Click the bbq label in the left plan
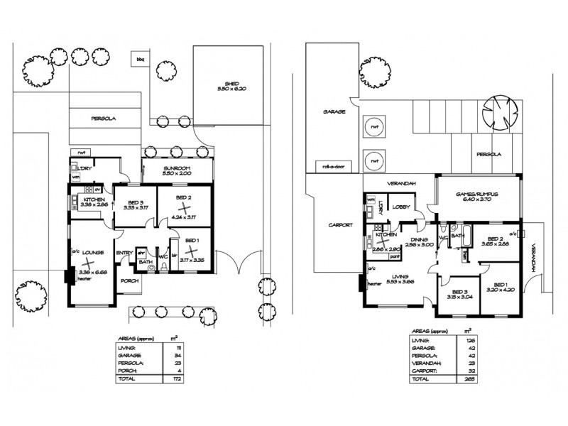coord(140,60)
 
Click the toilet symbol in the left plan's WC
coord(164,268)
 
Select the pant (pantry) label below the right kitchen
coord(393,258)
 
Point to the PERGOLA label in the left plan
coord(102,119)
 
